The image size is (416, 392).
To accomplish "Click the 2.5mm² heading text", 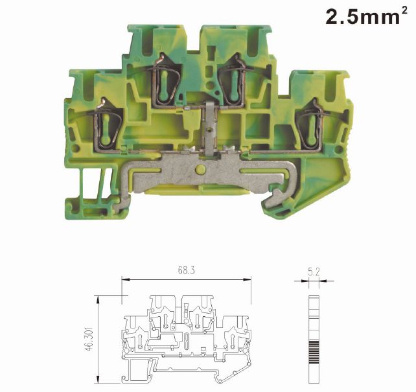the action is point(366,16).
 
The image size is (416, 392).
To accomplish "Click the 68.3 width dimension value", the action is point(187,270).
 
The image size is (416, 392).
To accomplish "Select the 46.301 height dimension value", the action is point(89,340).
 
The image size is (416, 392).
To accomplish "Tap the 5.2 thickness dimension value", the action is point(314,272).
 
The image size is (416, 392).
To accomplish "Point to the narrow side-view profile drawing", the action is point(314,340).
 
